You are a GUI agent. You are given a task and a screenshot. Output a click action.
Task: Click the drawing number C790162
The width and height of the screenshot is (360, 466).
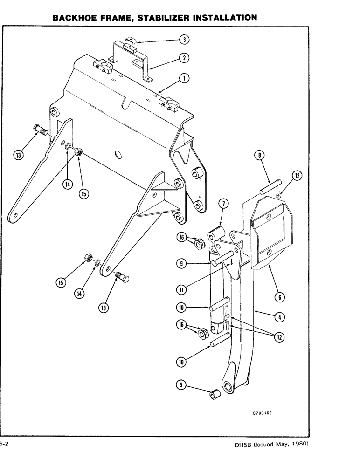click(262, 413)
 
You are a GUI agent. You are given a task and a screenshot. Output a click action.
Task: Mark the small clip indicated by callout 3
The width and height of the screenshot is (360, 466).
click(132, 41)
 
